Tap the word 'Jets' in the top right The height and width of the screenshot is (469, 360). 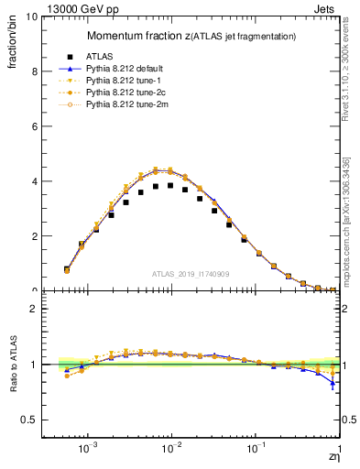328,7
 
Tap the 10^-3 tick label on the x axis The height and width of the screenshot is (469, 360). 88,449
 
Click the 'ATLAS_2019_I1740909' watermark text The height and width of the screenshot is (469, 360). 190,274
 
